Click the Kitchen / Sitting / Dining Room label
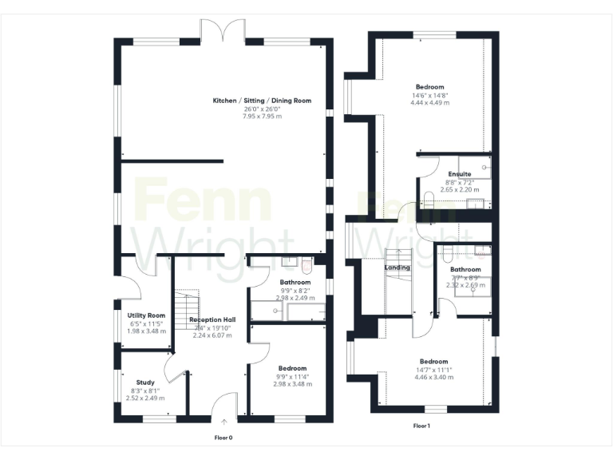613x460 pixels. tap(262, 101)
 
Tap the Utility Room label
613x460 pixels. tap(146, 315)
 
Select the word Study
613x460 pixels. tap(145, 382)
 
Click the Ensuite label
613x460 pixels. tap(459, 173)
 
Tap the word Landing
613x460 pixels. tap(397, 268)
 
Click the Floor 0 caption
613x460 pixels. tap(224, 437)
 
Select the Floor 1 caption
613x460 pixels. tap(422, 426)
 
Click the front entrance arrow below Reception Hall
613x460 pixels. tap(224, 420)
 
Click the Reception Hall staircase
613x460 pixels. tap(187, 307)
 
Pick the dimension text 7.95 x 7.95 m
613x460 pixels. tap(262, 116)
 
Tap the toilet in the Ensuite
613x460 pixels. tap(428, 200)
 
